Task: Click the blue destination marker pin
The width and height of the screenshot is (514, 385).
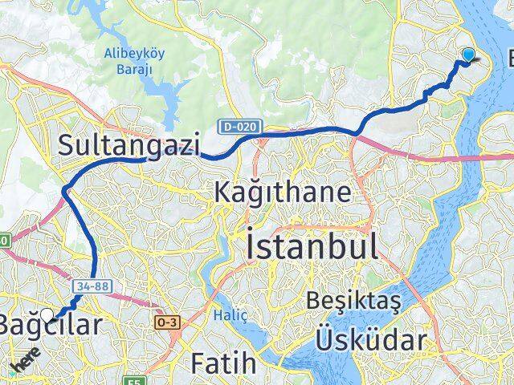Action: tap(468, 56)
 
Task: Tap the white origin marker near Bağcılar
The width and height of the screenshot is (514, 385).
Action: tap(48, 315)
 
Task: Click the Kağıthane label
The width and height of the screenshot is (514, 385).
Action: tap(282, 192)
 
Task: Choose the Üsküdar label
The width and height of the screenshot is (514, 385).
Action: tap(370, 340)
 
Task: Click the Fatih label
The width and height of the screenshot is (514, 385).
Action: tap(224, 363)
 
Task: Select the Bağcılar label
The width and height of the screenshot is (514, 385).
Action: tap(52, 326)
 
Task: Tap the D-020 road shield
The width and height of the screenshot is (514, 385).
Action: tap(230, 126)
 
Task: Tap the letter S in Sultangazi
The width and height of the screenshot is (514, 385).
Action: tap(67, 144)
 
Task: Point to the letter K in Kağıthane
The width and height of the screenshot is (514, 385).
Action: tap(222, 192)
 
